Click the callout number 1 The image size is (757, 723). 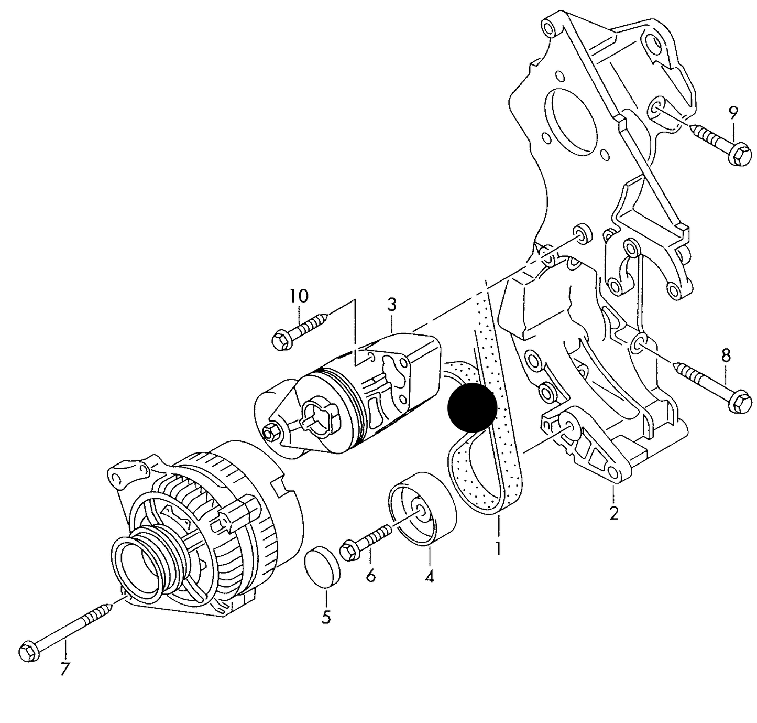498,548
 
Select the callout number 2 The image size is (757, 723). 614,512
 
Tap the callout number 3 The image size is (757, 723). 392,304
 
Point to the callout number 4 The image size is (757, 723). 430,577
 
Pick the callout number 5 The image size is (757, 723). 326,617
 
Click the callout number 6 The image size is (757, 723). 371,576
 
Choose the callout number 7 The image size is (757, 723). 65,669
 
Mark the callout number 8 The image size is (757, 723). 726,356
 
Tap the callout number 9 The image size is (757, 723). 733,112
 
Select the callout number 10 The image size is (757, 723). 299,296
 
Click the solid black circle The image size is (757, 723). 472,407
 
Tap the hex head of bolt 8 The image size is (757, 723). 740,404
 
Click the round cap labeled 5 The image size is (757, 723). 322,567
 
